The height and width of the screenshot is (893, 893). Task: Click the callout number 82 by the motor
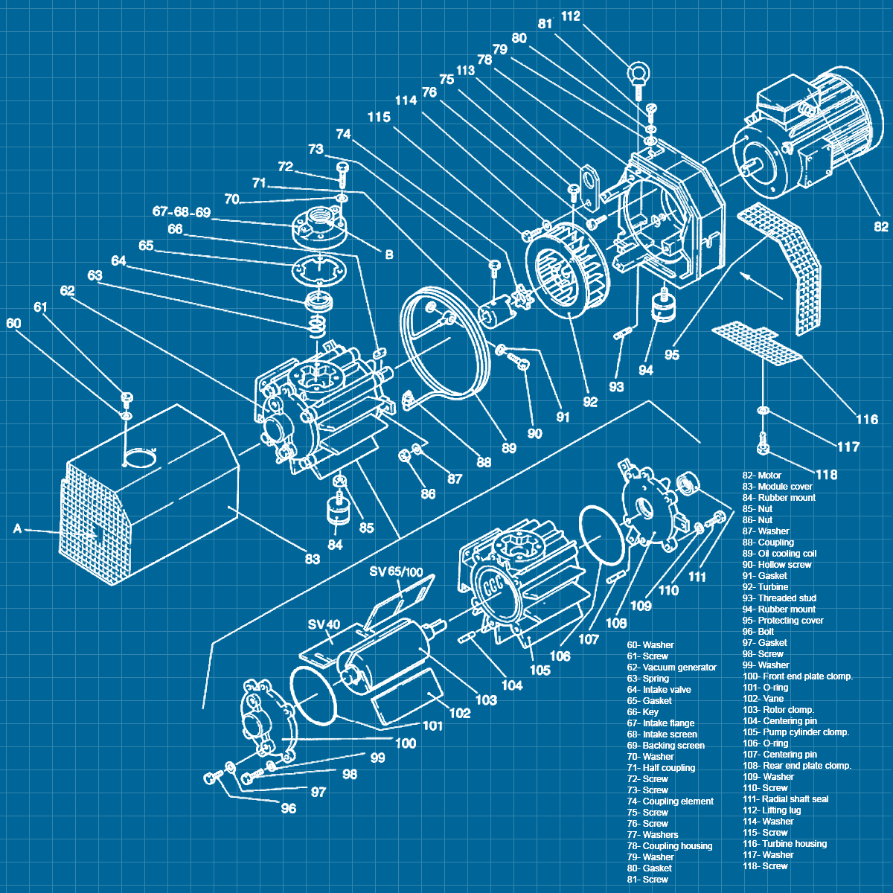point(881,226)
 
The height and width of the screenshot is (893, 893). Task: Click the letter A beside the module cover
point(18,529)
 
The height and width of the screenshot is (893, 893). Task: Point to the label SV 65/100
point(396,572)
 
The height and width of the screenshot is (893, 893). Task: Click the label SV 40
point(324,624)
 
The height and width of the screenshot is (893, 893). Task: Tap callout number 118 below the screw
point(826,475)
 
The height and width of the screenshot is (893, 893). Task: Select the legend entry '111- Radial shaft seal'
point(785,799)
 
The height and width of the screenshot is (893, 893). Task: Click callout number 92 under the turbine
point(590,402)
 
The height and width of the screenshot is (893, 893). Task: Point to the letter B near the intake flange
point(388,255)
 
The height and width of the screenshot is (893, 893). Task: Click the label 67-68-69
point(182,212)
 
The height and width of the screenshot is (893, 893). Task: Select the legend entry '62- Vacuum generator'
point(671,668)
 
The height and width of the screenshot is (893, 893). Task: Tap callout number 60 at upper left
point(13,323)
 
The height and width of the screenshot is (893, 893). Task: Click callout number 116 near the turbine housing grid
point(867,420)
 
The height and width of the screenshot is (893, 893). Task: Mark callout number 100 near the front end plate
point(406,743)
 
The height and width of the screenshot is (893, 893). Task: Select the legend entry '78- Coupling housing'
point(669,846)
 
